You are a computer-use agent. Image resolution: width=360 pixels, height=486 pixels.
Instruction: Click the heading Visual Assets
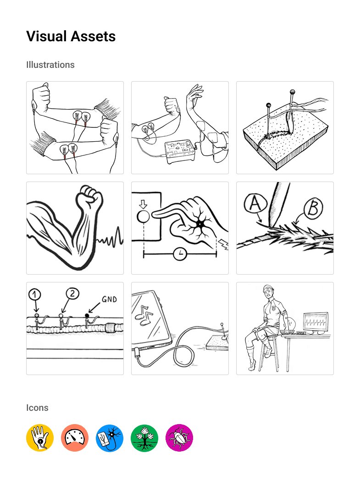71,36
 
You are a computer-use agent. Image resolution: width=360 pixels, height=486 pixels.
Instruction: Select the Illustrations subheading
50,65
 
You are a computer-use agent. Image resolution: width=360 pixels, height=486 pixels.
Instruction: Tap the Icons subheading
37,408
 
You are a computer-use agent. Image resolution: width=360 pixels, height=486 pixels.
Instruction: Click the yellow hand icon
40,438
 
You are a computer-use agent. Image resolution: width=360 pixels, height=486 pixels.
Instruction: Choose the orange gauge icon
75,438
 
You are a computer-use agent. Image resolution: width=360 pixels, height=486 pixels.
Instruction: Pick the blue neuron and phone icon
110,438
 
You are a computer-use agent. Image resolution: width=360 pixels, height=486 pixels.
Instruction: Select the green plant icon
144,438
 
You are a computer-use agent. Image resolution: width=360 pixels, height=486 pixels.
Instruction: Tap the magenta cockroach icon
179,438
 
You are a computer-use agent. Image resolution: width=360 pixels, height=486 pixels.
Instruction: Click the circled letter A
255,203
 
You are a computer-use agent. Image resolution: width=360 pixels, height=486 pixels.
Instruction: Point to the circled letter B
313,208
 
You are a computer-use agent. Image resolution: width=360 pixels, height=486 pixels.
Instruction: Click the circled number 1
35,294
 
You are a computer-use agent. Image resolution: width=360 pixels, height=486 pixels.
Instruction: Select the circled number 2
72,293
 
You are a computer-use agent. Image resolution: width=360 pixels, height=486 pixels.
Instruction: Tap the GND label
109,299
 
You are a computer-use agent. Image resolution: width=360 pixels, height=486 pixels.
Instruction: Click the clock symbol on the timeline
180,254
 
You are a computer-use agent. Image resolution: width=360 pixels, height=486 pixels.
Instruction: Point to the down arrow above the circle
143,204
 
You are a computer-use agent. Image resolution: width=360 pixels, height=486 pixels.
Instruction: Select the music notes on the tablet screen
144,315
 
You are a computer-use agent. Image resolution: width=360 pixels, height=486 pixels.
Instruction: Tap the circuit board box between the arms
180,152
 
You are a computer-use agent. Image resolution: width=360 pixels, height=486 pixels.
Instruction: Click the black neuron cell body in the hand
200,224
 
